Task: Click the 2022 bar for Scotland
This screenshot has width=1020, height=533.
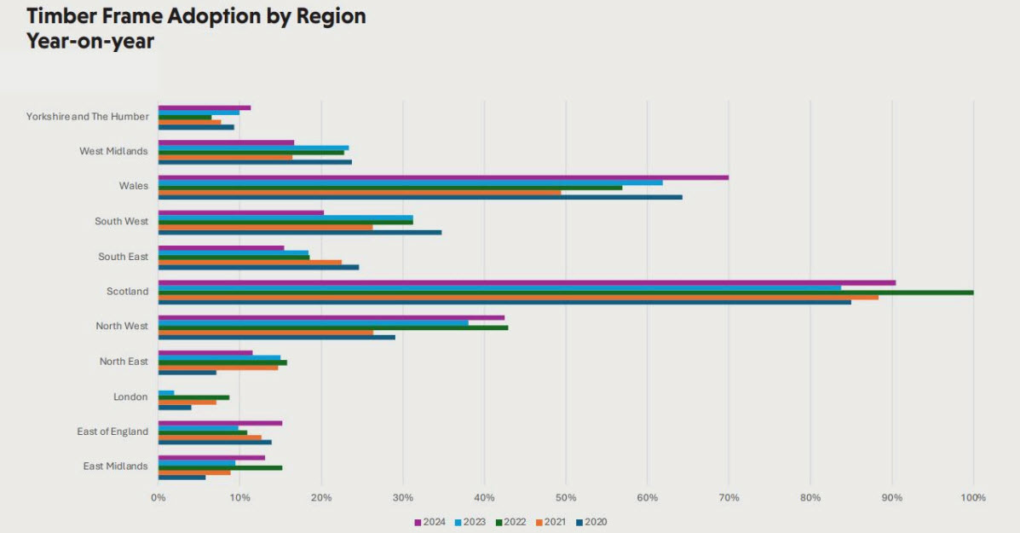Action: coord(566,293)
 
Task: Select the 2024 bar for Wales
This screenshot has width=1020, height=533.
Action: coord(443,177)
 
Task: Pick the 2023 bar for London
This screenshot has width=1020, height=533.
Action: coord(166,392)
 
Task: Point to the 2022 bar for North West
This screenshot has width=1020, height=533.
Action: coord(333,327)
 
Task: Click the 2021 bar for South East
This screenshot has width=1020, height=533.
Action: coord(250,262)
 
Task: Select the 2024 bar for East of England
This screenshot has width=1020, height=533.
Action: coord(220,423)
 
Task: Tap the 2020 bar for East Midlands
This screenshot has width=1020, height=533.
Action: coord(182,477)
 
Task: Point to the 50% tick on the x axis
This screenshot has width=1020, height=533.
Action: coord(565,497)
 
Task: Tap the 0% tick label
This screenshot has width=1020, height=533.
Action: coord(158,497)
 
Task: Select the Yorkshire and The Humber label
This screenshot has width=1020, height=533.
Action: coord(87,116)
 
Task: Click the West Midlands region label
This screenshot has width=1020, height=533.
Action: coord(113,151)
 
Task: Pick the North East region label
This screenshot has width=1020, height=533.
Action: coord(124,362)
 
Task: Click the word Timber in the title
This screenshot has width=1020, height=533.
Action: coord(67,16)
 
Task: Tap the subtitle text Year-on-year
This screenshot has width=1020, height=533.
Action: coord(90,41)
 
